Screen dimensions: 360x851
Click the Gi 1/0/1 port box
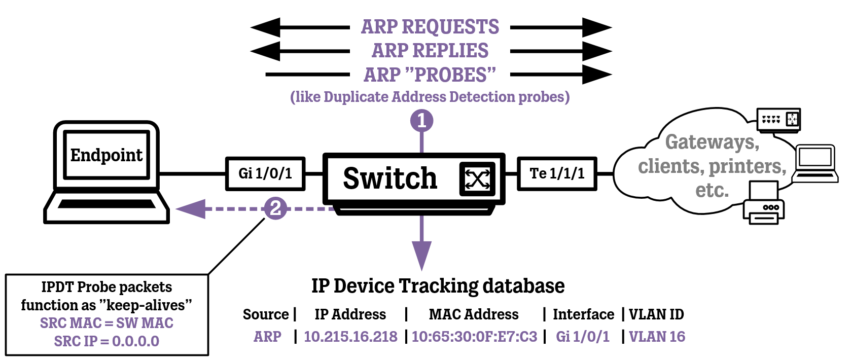(265, 174)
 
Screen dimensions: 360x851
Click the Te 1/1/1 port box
(557, 174)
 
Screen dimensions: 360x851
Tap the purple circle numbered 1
(421, 121)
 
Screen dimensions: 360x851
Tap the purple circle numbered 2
(275, 208)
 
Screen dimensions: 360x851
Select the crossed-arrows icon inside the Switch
(477, 179)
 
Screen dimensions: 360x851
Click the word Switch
(389, 178)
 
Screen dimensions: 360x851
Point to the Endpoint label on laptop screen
(107, 155)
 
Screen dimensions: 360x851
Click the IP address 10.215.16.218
(350, 337)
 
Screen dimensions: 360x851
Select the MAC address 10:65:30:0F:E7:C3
(474, 337)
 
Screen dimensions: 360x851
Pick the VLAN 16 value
(657, 337)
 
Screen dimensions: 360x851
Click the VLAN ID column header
(656, 314)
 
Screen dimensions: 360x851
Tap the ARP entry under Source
(267, 337)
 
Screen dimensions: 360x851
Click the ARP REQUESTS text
(430, 27)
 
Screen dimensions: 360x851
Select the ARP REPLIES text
(430, 51)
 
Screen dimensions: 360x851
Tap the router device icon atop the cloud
(778, 120)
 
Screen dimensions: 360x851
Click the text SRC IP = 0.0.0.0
(107, 341)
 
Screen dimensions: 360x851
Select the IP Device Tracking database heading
(438, 286)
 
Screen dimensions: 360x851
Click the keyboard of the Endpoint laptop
(107, 204)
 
